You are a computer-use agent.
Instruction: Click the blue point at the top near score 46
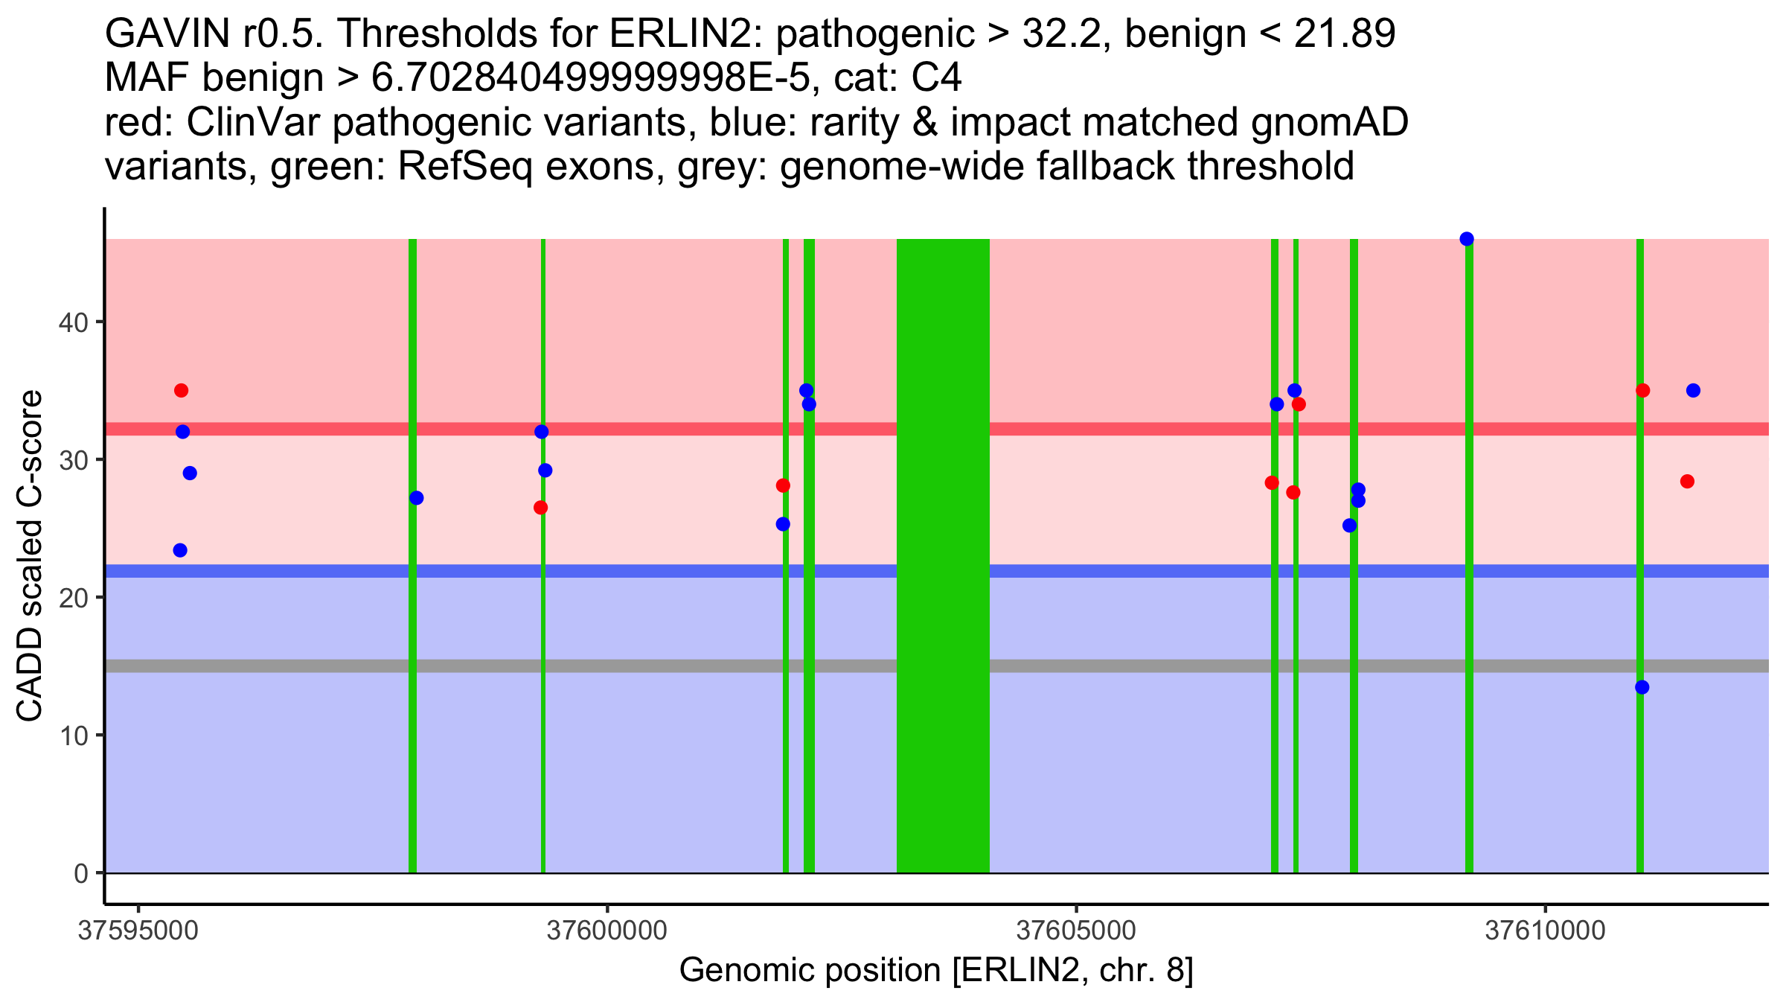pos(1467,239)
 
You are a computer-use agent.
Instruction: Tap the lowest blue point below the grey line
pos(1642,687)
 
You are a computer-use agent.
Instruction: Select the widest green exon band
pos(943,555)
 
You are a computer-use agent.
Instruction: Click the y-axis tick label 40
pos(73,322)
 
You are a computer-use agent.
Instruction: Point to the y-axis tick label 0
pos(80,873)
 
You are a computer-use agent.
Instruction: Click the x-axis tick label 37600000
pos(607,931)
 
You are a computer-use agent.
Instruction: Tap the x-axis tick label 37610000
pos(1546,931)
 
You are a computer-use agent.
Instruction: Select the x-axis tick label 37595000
pos(138,931)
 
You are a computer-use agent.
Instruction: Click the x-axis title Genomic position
pos(936,971)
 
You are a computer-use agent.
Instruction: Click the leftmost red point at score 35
pos(182,391)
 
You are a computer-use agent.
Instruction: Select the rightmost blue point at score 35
pos(1693,391)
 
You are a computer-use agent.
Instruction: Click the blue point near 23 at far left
pos(180,550)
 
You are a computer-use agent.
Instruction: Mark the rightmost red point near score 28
pos(1687,482)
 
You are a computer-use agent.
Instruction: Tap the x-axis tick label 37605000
pos(1076,931)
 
